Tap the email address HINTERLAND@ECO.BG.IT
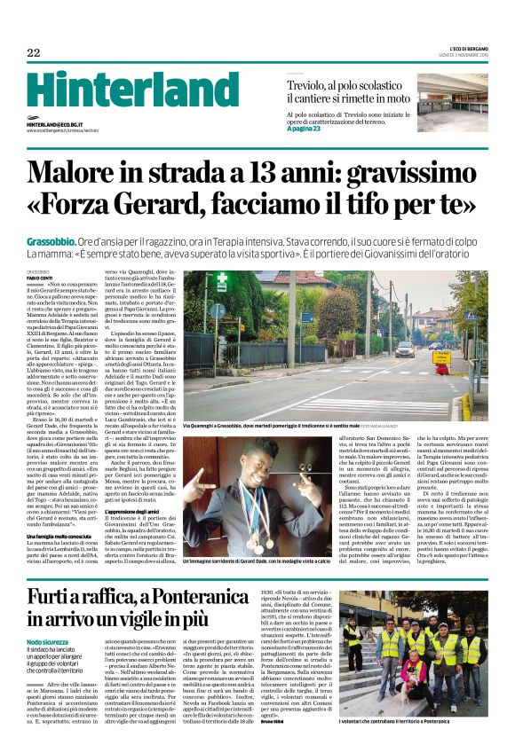point(60,125)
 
